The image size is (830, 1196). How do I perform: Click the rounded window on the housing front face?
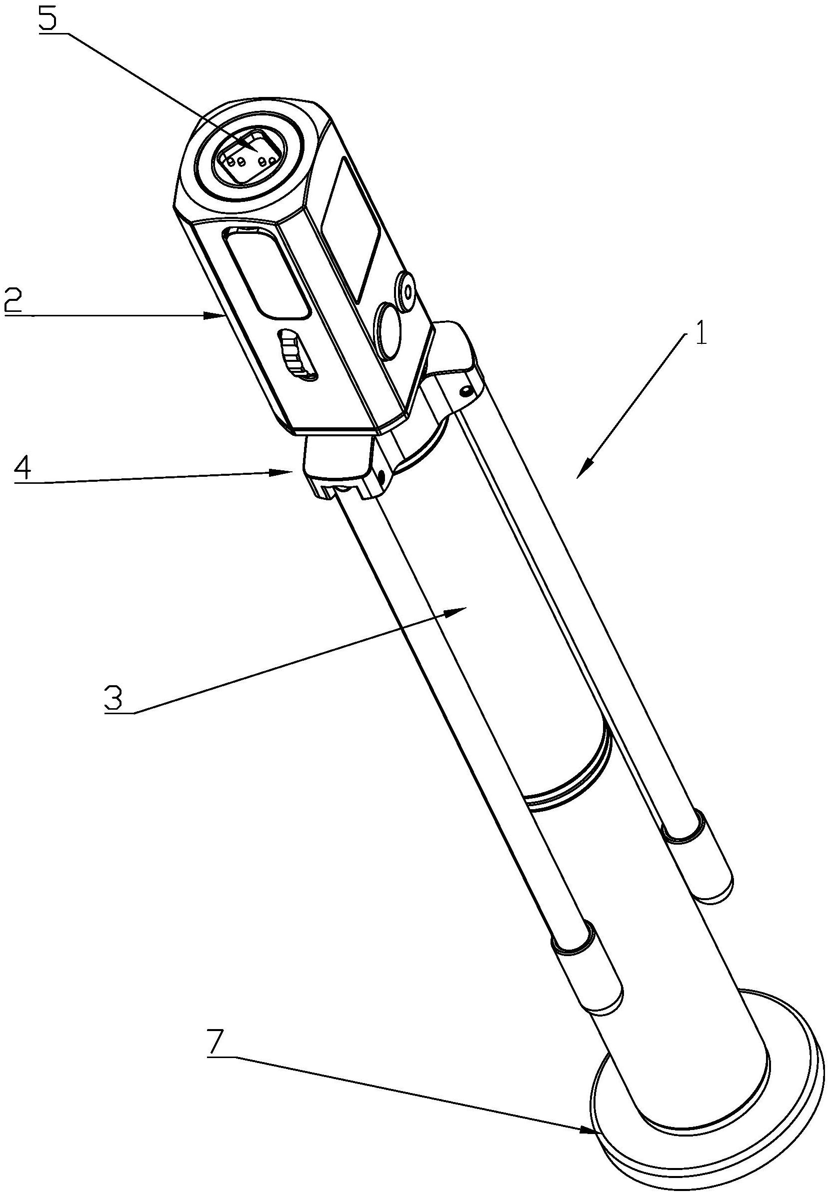pos(268,274)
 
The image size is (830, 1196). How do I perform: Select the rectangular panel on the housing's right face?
pos(351,230)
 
